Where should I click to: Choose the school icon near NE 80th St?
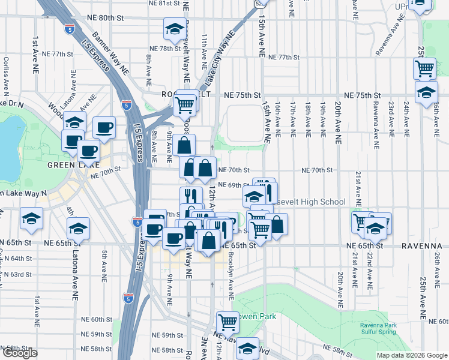[175, 29]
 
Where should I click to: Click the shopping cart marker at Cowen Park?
[228, 323]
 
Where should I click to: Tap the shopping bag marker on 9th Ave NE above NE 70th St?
[185, 145]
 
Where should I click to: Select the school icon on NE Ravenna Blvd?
[247, 348]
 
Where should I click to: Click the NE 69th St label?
[233, 185]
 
